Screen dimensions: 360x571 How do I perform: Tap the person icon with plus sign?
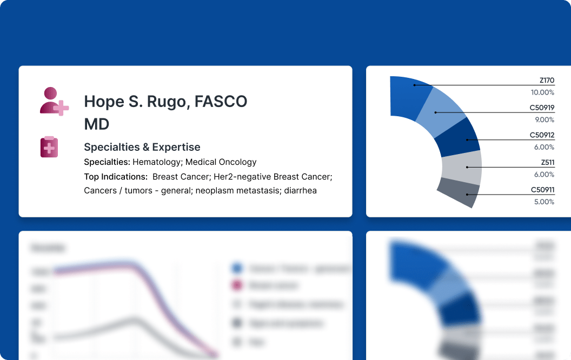(54, 101)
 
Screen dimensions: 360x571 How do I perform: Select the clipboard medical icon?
(49, 147)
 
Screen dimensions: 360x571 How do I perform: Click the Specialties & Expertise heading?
(142, 147)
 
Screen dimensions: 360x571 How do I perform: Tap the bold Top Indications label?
(116, 177)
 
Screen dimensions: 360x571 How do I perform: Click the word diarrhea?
(300, 191)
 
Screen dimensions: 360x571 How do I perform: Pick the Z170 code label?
(547, 81)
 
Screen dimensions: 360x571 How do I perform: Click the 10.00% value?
(543, 92)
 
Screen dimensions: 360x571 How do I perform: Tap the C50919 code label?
(542, 108)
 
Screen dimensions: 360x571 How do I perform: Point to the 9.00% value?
(545, 120)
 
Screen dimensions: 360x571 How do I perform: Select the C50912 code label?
(542, 135)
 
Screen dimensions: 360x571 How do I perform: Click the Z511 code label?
(547, 163)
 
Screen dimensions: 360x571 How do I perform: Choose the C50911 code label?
(542, 190)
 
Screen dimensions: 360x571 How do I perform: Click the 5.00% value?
(545, 202)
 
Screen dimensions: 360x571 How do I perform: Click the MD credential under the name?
(97, 124)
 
